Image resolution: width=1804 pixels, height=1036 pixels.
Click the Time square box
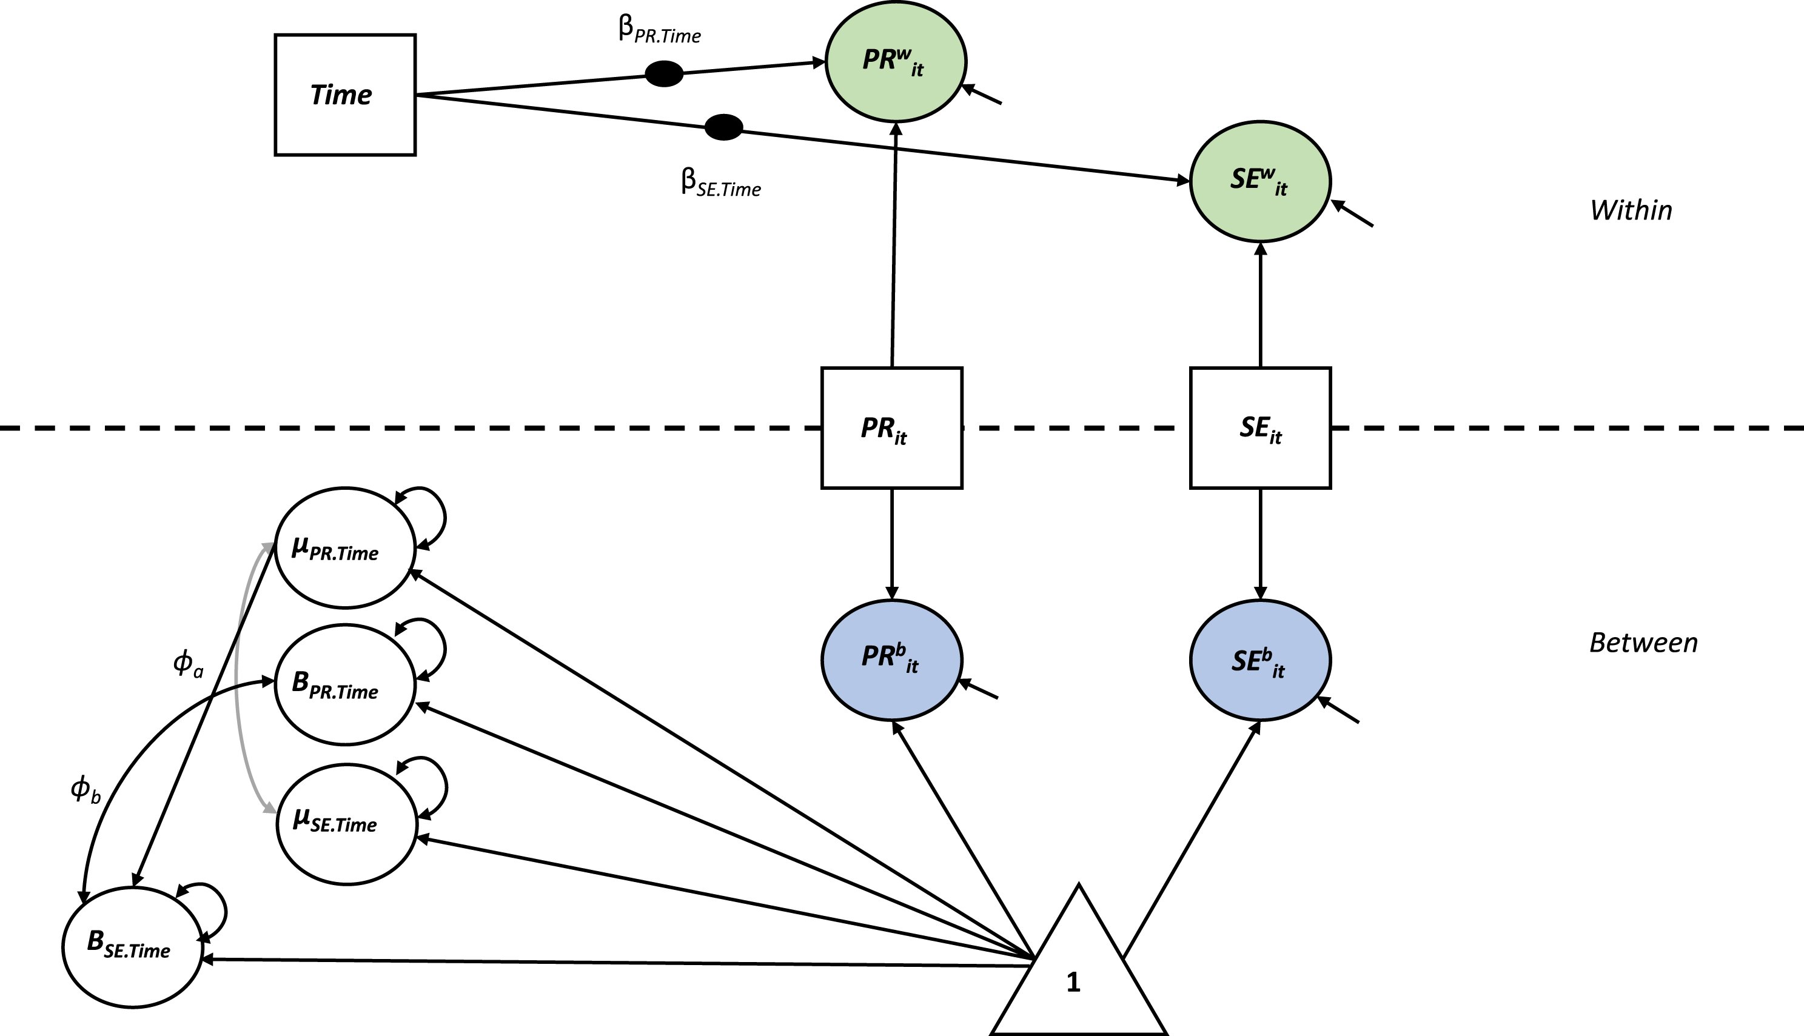(x=345, y=95)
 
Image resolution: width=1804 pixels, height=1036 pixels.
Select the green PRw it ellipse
(x=896, y=61)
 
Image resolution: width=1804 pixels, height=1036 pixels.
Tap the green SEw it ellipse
(x=1260, y=181)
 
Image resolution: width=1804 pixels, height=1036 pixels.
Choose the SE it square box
(x=1260, y=427)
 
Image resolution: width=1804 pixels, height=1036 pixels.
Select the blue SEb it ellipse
(x=1260, y=660)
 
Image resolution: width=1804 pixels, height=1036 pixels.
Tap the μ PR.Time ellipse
(x=345, y=548)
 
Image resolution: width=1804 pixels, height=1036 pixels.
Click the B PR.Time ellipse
(x=345, y=684)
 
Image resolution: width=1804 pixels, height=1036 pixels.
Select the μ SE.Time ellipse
(x=347, y=824)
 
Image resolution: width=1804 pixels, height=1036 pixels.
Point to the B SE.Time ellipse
(x=133, y=947)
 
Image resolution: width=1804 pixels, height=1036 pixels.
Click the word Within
(x=1631, y=210)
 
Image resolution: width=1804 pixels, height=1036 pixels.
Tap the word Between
(x=1644, y=643)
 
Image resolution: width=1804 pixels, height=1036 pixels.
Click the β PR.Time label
(x=660, y=30)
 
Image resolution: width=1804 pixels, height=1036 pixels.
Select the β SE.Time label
(x=721, y=183)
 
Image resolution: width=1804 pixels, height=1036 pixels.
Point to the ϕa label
(x=189, y=664)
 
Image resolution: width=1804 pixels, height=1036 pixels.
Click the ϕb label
(x=86, y=789)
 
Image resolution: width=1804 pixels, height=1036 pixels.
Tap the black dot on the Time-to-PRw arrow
(x=664, y=73)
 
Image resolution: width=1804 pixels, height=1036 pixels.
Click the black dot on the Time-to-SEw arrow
(x=724, y=127)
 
